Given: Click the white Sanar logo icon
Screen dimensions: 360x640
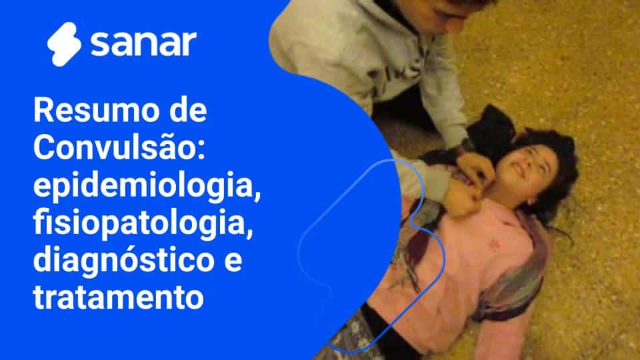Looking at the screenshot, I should (x=64, y=43).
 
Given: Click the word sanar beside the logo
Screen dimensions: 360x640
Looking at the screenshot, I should (x=143, y=43).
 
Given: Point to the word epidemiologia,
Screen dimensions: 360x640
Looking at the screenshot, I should (x=145, y=184).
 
